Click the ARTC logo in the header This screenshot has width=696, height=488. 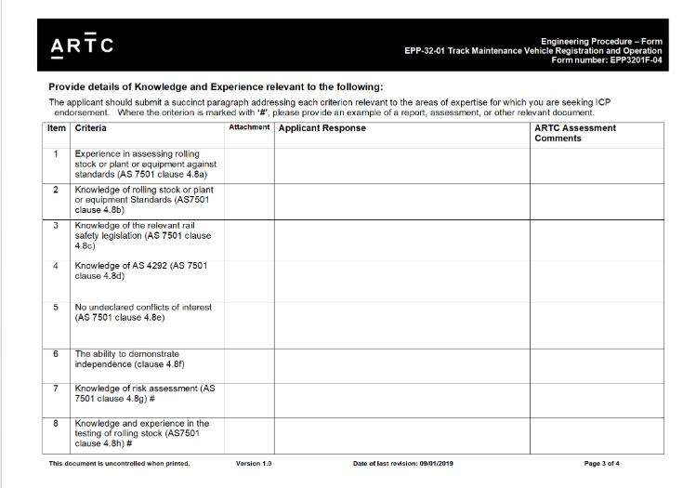pyautogui.click(x=83, y=46)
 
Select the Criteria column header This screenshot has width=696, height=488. pyautogui.click(x=90, y=128)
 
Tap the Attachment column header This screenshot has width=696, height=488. pyautogui.click(x=249, y=127)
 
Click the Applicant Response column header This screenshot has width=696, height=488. pyautogui.click(x=322, y=128)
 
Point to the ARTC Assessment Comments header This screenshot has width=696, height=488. pyautogui.click(x=575, y=133)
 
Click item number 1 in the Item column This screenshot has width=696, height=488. pyautogui.click(x=57, y=153)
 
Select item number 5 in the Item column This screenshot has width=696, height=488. pyautogui.click(x=57, y=307)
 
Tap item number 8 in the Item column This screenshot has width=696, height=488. pyautogui.click(x=57, y=423)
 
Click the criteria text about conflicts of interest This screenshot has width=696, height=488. pyautogui.click(x=143, y=311)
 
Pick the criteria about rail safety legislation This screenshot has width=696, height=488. pyautogui.click(x=143, y=235)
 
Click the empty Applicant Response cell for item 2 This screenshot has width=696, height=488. pyautogui.click(x=401, y=200)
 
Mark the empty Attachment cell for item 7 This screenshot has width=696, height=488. pyautogui.click(x=249, y=400)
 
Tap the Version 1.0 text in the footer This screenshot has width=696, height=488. pyautogui.click(x=254, y=463)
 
